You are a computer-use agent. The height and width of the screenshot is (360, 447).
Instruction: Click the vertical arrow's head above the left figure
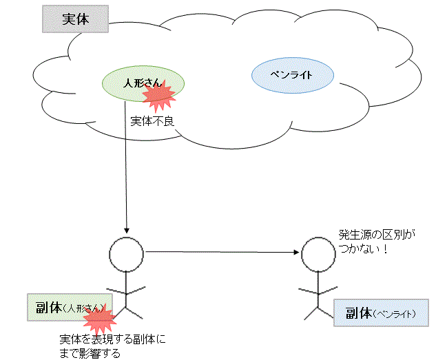pyautogui.click(x=126, y=229)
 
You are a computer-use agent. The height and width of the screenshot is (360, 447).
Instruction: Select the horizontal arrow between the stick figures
pyautogui.click(x=220, y=251)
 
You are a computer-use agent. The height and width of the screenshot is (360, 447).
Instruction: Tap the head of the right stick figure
pyautogui.click(x=319, y=253)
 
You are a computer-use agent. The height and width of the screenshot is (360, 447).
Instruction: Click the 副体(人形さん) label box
pyautogui.click(x=69, y=308)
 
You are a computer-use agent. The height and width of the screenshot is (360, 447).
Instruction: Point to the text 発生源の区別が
pyautogui.click(x=377, y=235)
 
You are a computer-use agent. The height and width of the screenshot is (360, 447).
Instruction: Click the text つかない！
pyautogui.click(x=362, y=248)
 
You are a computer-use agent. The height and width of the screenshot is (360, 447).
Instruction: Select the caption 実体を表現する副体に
pyautogui.click(x=113, y=340)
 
